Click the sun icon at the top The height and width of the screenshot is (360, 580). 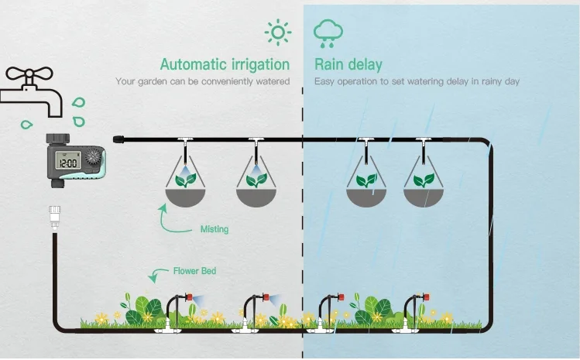(x=277, y=33)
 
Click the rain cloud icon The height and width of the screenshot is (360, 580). (x=328, y=33)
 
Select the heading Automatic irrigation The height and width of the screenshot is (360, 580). (x=225, y=64)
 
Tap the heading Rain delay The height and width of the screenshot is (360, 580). (x=348, y=64)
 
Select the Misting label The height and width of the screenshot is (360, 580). (x=214, y=230)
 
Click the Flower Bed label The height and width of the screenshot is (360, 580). (x=194, y=271)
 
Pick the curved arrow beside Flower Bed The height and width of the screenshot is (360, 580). (x=160, y=272)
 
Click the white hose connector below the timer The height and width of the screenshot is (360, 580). (x=55, y=218)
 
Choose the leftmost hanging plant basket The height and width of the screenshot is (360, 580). (x=185, y=187)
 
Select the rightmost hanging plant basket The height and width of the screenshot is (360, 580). (x=424, y=187)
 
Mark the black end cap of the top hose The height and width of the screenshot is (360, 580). (x=119, y=139)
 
